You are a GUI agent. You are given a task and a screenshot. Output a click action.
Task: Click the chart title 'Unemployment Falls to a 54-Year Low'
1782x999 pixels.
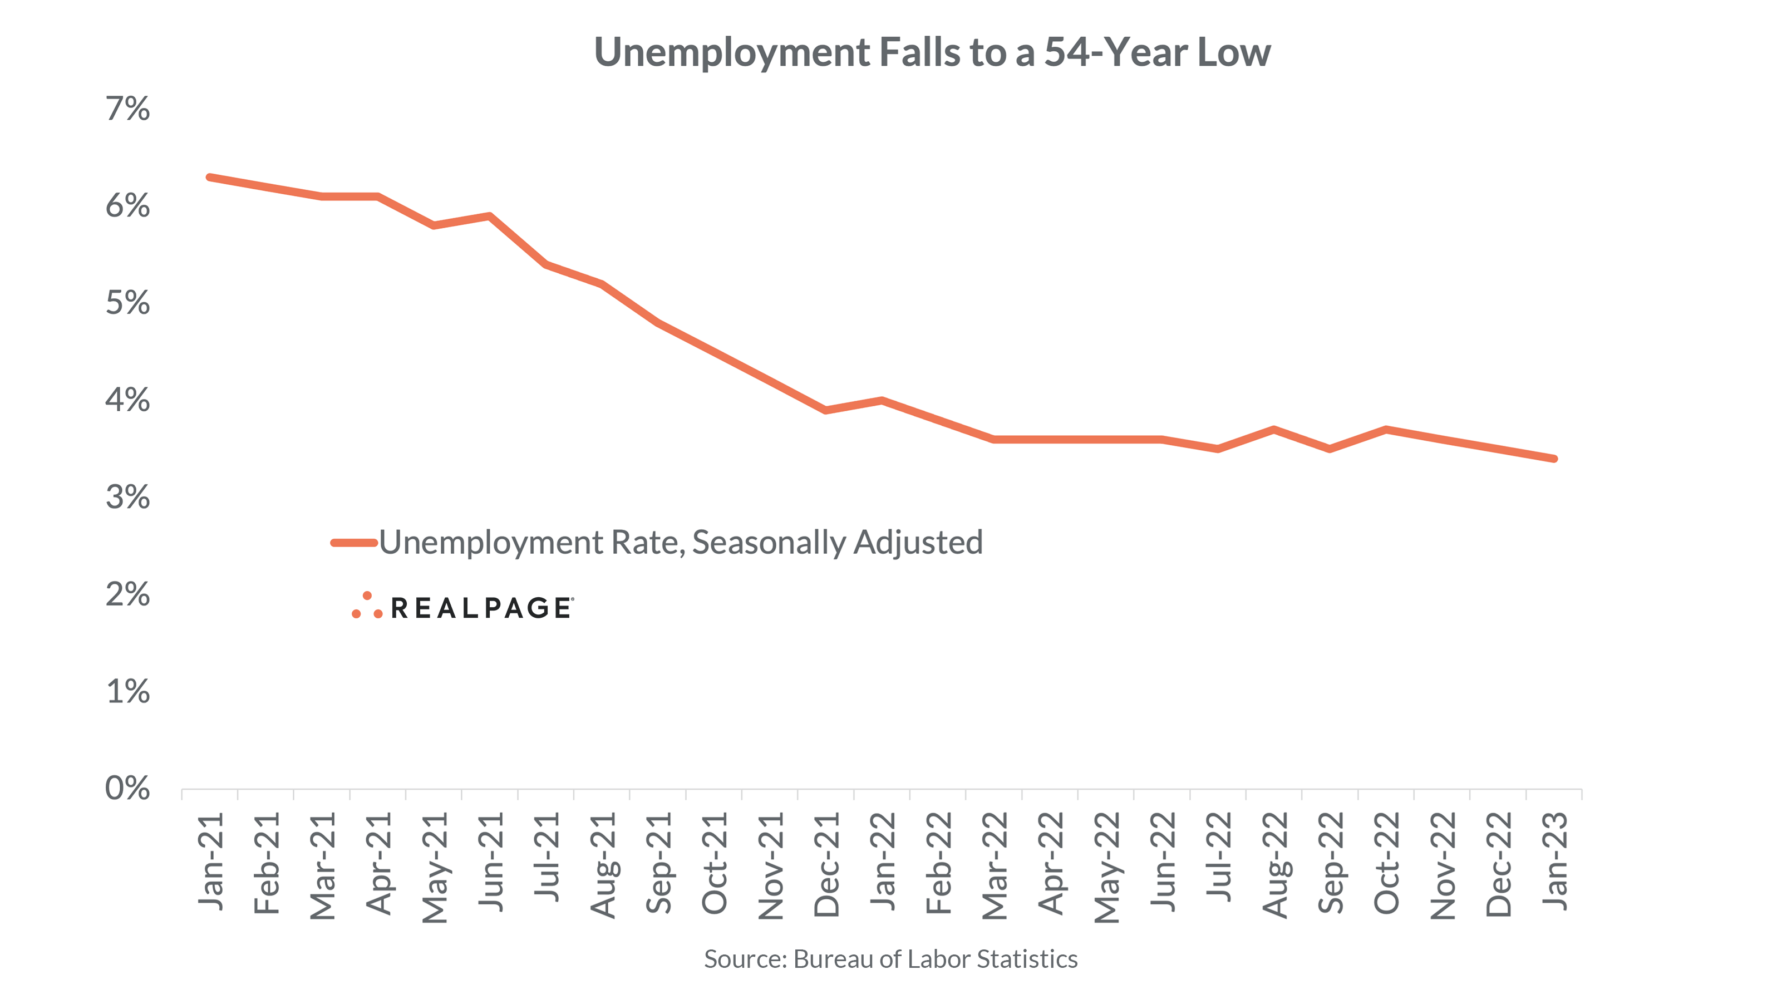coord(932,52)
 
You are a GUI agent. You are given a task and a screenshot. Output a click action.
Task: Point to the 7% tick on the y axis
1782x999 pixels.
coord(128,109)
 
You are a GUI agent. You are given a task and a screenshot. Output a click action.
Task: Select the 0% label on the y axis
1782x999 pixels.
coord(128,788)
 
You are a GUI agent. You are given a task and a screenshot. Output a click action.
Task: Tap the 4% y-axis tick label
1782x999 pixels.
coord(128,400)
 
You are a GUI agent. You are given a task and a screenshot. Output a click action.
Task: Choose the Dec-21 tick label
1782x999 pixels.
coord(826,865)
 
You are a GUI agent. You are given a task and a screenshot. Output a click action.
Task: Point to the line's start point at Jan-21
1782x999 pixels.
coord(210,178)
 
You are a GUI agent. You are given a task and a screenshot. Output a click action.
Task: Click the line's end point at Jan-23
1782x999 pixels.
coord(1554,458)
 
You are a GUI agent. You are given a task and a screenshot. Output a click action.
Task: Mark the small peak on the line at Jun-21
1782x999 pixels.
coord(490,216)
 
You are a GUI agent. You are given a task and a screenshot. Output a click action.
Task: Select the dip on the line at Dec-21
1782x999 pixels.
coord(826,410)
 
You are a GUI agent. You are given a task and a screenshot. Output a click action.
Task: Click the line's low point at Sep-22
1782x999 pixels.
coord(1330,449)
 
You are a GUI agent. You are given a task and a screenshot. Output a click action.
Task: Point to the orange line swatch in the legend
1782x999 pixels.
coord(353,543)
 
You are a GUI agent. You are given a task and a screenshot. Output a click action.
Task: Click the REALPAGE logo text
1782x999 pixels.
coord(481,608)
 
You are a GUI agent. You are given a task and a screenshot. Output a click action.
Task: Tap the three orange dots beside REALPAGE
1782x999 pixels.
coord(367,606)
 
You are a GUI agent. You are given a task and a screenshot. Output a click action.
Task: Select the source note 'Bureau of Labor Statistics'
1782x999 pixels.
coord(936,959)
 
